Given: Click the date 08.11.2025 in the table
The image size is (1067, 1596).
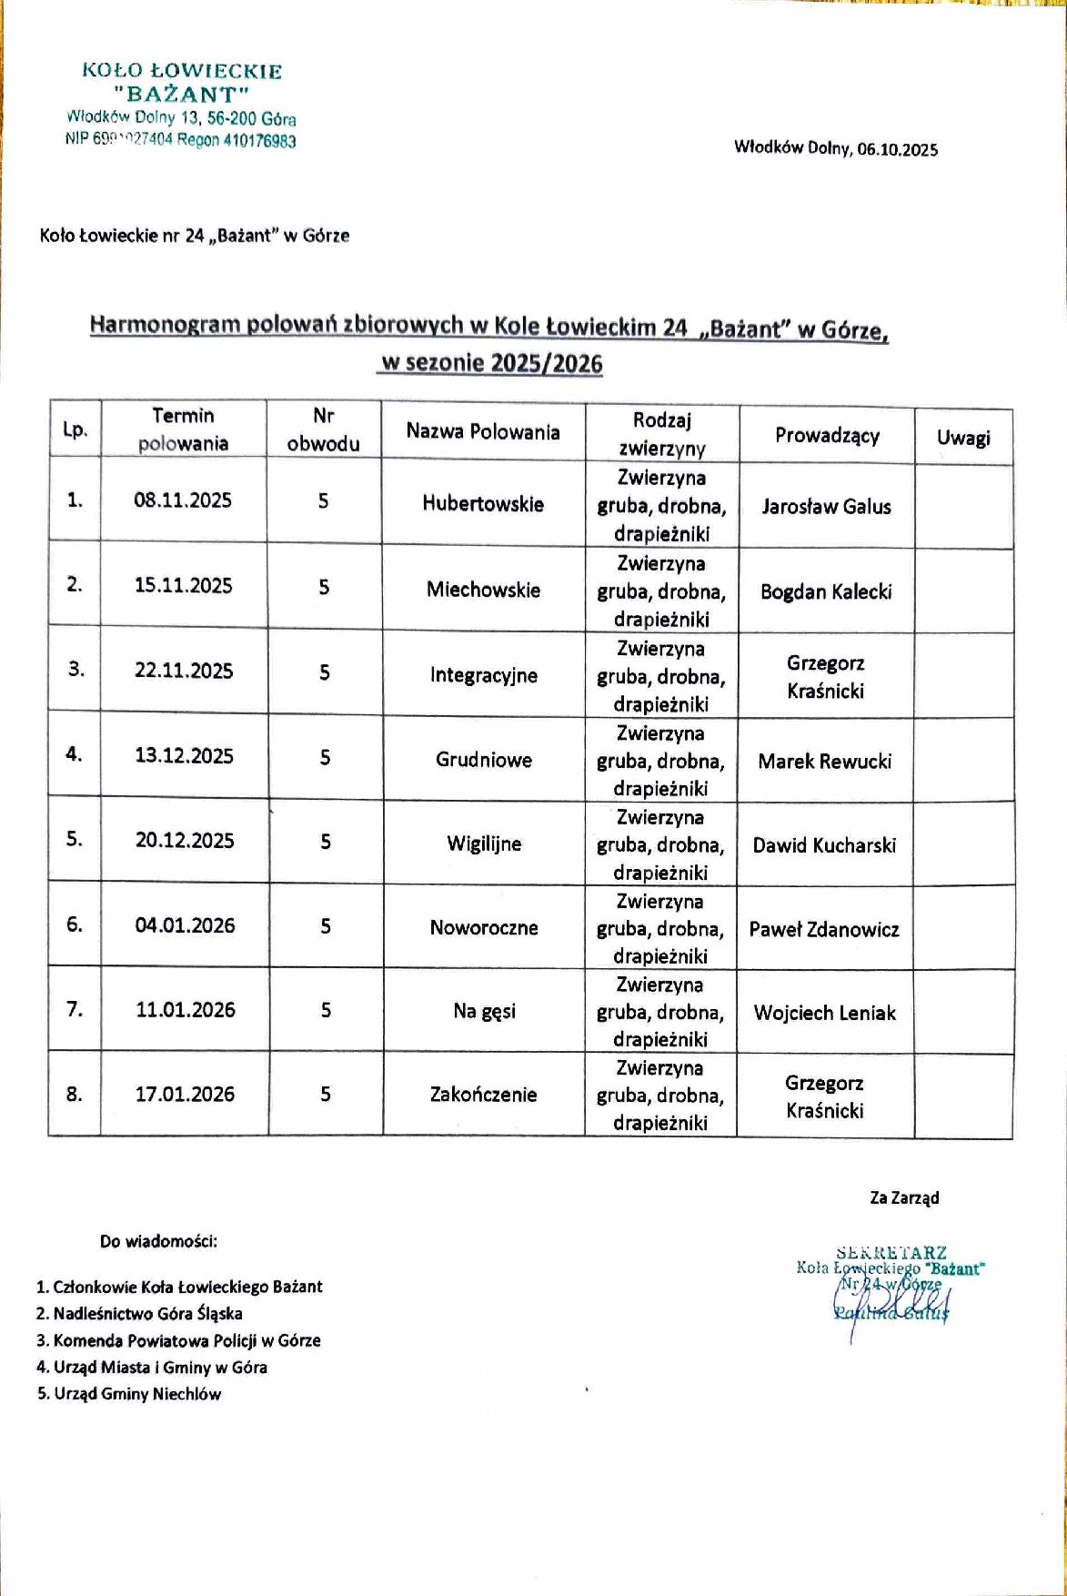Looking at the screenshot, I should [x=183, y=500].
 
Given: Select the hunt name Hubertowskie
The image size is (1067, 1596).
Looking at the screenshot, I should [x=483, y=504].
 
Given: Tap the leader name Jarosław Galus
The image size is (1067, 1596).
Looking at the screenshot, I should [x=826, y=507].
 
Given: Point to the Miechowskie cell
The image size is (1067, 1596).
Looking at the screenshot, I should [x=483, y=590].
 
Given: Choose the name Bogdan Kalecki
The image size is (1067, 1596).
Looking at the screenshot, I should [x=826, y=592].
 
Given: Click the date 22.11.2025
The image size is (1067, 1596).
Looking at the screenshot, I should [x=184, y=671].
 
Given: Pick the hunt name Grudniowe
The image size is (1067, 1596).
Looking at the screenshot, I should [x=484, y=760].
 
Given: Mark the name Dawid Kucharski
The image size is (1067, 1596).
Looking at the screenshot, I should [x=824, y=845].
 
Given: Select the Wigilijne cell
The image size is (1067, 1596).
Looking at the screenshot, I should [x=484, y=843].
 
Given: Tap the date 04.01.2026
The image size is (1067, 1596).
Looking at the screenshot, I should [x=185, y=925].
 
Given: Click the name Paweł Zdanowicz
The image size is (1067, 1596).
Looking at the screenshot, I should [x=824, y=929].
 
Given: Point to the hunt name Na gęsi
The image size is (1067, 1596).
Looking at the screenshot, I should [x=484, y=1011].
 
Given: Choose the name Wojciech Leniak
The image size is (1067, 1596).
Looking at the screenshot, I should [x=824, y=1013].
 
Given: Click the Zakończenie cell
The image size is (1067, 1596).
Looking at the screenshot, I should [x=483, y=1095].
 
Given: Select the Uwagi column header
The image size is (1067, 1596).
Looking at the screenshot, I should [x=963, y=438].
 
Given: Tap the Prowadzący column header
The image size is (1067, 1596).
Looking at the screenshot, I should [x=827, y=436].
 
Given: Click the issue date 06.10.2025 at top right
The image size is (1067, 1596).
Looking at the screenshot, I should [x=897, y=150].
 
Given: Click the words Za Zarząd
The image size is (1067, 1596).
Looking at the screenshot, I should [x=904, y=1197].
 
